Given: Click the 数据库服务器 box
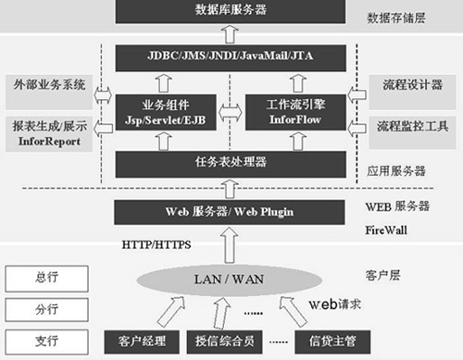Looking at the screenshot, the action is (231, 11).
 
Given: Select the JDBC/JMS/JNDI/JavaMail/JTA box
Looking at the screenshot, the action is (231, 58).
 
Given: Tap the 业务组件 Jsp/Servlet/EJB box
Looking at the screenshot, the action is (166, 112).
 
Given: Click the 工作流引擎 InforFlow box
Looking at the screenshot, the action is (295, 112).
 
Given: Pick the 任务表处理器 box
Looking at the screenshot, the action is (231, 164).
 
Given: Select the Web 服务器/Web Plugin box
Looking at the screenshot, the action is (230, 212).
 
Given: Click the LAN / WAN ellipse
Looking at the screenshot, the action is (230, 279).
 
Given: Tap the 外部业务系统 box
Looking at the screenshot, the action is (49, 93).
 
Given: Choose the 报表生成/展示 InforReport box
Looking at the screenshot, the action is (49, 134).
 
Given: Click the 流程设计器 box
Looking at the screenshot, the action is (412, 93).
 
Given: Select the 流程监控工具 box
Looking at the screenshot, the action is (412, 132).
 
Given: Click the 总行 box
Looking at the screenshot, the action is (46, 279).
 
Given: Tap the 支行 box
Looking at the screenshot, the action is (46, 341).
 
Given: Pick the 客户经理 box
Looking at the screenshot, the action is (142, 341).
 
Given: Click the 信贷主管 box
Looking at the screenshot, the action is (332, 341).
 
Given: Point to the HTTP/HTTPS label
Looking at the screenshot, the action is (156, 245).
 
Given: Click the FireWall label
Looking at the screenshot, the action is (386, 230).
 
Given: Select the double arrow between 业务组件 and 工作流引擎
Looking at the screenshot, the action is (231, 112).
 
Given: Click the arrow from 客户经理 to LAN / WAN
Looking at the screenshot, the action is (171, 312).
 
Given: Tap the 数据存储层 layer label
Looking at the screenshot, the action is (396, 18).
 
